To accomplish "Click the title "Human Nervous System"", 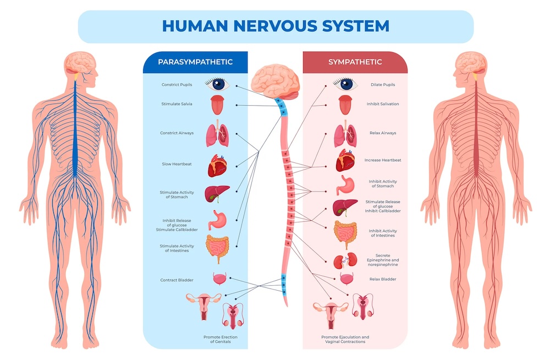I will (276, 26).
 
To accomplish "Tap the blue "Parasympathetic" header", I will (195, 62).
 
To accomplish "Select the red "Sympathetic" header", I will (355, 62).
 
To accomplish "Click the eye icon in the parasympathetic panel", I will (217, 84).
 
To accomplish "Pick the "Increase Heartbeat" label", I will (383, 160).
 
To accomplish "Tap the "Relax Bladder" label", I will (382, 279).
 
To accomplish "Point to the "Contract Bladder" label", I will (177, 280).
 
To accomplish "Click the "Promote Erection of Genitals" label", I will (216, 339).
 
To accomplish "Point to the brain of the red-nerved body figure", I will (468, 62).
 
